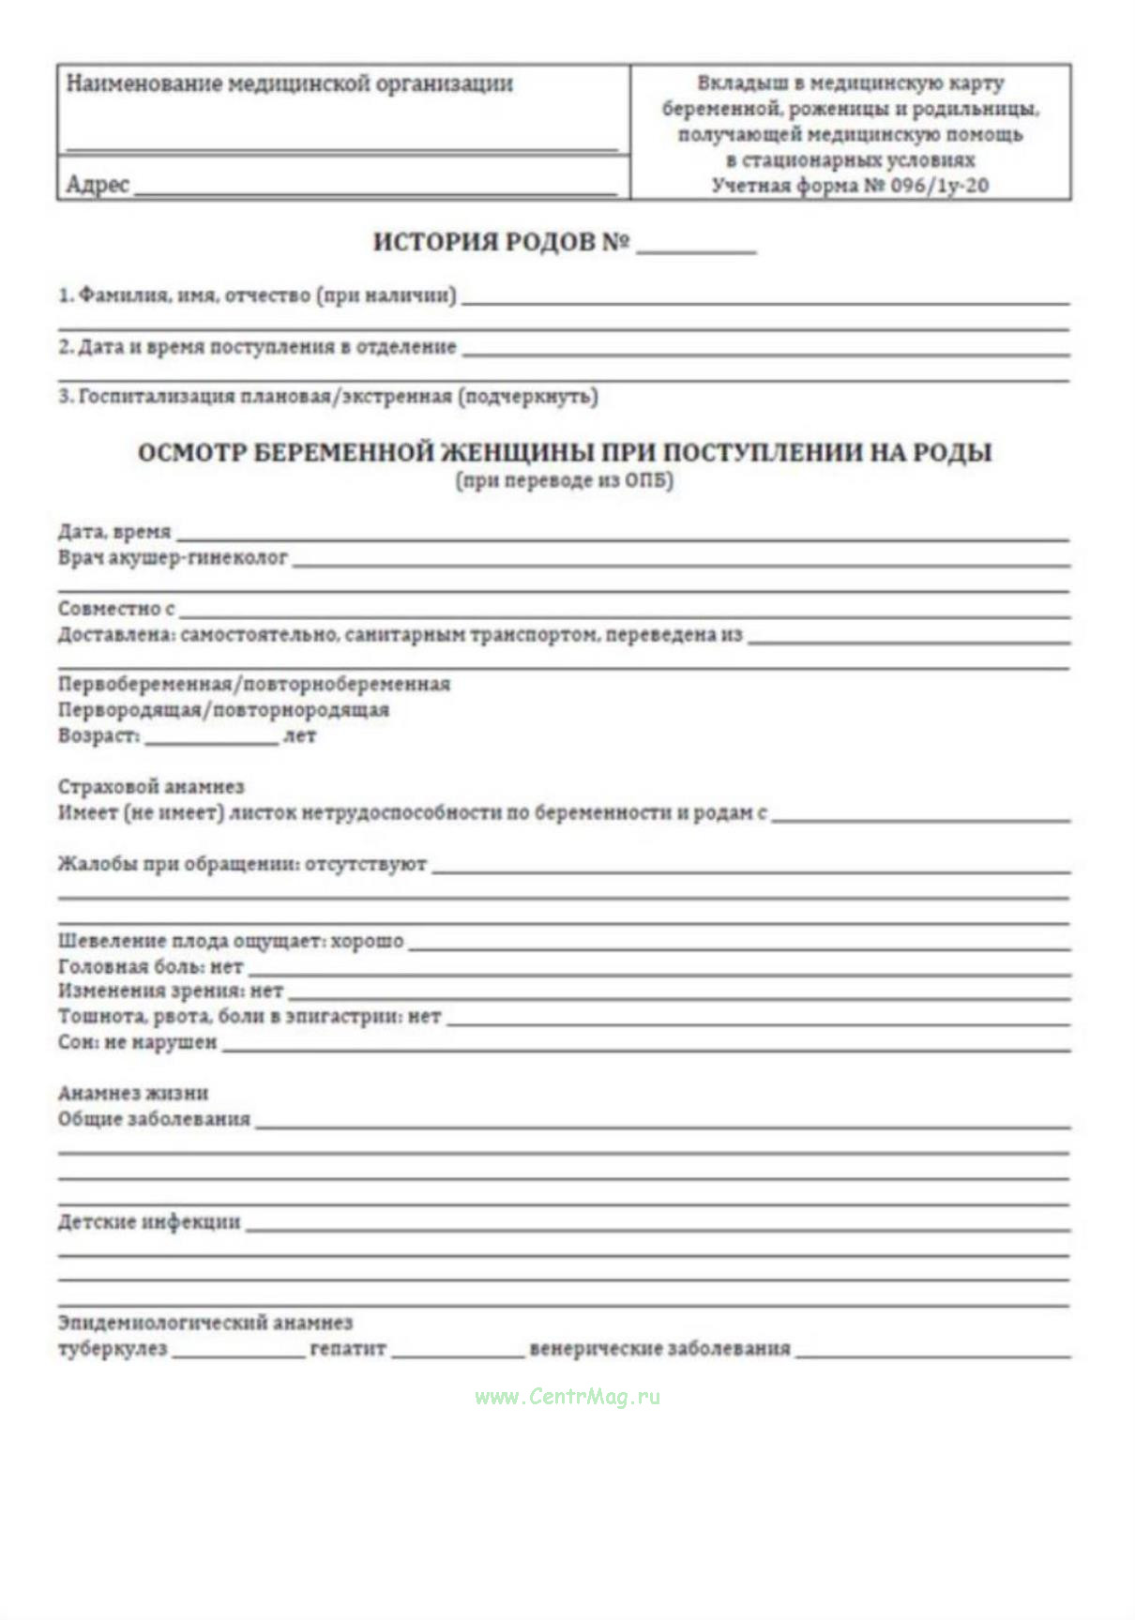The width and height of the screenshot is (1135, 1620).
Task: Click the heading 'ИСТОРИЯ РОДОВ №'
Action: pos(501,242)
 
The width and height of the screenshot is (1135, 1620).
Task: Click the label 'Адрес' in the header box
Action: pos(98,184)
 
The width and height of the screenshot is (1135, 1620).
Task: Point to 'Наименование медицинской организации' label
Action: pos(289,84)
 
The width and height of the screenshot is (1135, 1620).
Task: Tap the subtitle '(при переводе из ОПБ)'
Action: pos(565,481)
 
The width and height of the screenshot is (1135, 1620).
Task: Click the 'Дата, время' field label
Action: pos(114,532)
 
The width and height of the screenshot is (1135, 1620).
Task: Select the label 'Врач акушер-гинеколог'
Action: pos(173,558)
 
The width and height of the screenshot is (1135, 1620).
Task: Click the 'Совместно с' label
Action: pos(116,609)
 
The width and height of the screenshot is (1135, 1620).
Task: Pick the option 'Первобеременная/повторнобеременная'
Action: pos(253,684)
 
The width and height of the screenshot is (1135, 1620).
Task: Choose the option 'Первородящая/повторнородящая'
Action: pos(223,710)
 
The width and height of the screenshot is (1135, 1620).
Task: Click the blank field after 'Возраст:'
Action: pos(211,737)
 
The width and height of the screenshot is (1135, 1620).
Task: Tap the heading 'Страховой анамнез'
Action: pos(150,787)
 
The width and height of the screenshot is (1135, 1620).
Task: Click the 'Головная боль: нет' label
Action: pos(150,966)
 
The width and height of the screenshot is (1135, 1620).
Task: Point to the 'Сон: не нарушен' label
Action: pos(137,1042)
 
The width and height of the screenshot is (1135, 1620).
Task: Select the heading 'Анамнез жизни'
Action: pos(133,1093)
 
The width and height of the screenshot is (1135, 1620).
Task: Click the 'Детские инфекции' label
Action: pos(149,1222)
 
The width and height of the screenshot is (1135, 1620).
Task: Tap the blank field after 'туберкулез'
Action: pos(238,1351)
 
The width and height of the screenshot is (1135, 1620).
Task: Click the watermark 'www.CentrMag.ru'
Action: pos(567,1397)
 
